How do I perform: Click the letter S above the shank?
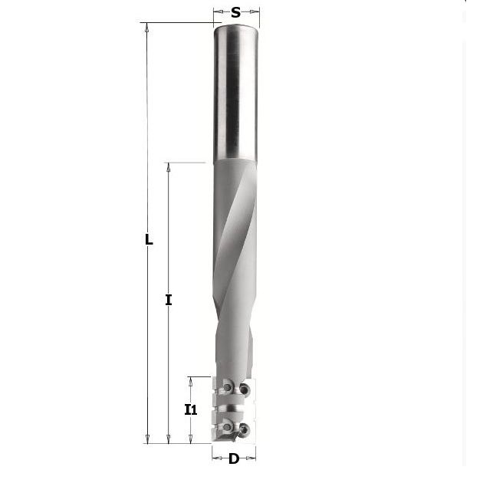[x=235, y=12]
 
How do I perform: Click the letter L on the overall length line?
[x=149, y=240]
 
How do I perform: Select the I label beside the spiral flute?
[x=168, y=300]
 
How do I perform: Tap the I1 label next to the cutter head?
[x=191, y=409]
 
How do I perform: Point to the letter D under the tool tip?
[x=234, y=459]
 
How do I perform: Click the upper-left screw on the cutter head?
[x=228, y=387]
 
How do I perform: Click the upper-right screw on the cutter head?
[x=245, y=390]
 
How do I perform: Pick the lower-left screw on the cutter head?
[x=227, y=426]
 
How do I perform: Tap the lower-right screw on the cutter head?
[x=245, y=429]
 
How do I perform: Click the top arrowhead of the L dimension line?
[x=147, y=28]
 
